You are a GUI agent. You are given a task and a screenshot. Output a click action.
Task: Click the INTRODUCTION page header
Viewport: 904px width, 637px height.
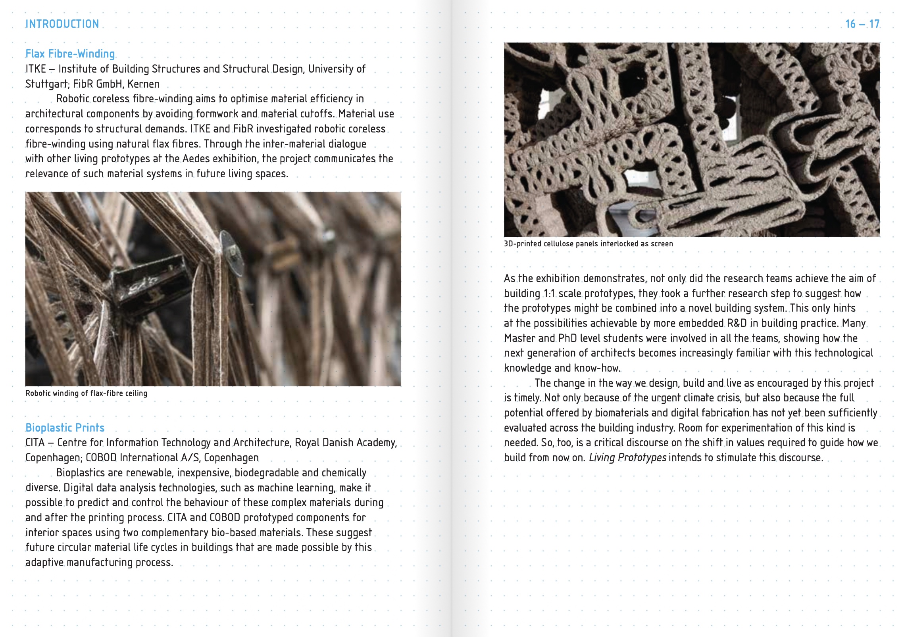tap(62, 24)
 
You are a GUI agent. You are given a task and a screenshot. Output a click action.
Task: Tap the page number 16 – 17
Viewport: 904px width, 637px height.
tap(862, 24)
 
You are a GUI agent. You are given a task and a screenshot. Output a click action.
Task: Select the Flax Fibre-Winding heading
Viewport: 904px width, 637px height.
tap(70, 54)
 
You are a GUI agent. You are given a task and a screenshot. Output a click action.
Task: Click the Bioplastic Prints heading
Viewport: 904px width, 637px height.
tap(65, 428)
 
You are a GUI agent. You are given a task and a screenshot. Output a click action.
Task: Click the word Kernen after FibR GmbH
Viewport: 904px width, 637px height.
tap(143, 84)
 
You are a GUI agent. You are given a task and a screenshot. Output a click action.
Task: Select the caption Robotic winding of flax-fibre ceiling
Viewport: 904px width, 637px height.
tap(86, 393)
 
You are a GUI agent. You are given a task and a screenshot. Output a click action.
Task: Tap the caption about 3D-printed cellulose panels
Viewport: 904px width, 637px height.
tap(588, 244)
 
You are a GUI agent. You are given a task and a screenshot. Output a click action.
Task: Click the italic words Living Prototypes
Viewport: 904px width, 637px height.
tap(627, 458)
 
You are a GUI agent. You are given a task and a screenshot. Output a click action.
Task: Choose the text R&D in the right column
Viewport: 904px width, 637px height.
tap(737, 323)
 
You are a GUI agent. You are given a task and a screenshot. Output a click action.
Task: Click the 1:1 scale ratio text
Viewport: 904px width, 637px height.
tap(549, 294)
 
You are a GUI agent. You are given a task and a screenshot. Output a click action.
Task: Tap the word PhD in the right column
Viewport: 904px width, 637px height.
tap(567, 338)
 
